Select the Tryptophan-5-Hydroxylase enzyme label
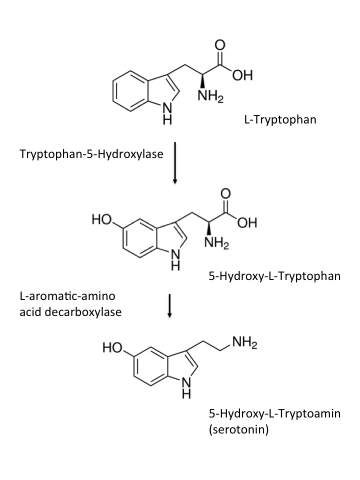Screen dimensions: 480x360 click(x=91, y=153)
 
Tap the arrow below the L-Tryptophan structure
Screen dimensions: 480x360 click(x=174, y=162)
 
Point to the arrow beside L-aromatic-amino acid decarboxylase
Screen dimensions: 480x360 click(x=170, y=305)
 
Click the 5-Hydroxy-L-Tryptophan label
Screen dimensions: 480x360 click(x=274, y=275)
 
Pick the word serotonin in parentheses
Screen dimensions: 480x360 click(x=238, y=429)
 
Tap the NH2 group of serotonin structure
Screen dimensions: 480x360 click(x=244, y=343)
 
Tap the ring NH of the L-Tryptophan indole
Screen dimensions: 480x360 click(x=168, y=114)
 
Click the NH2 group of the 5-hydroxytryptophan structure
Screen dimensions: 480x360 click(x=216, y=244)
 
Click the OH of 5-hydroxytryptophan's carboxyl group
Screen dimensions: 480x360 click(x=246, y=223)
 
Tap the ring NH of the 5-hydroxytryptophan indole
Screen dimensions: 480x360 click(x=175, y=259)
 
